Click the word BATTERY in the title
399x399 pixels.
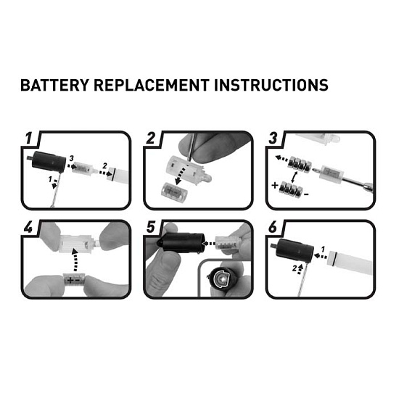pyautogui.click(x=54, y=85)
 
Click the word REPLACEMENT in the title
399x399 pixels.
pyautogui.click(x=152, y=85)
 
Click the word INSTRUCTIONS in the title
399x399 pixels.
pyautogui.click(x=271, y=85)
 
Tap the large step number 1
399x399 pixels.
pyautogui.click(x=29, y=138)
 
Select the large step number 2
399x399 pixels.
pyautogui.click(x=151, y=138)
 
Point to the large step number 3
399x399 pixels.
pyautogui.click(x=273, y=138)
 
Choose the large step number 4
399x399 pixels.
pyautogui.click(x=28, y=227)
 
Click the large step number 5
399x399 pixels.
pyautogui.click(x=151, y=227)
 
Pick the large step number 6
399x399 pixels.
pyautogui.click(x=273, y=227)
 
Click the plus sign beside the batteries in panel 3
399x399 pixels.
pyautogui.click(x=275, y=185)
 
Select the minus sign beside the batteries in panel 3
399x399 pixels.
pyautogui.click(x=307, y=194)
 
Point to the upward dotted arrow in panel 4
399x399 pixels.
pyautogui.click(x=75, y=260)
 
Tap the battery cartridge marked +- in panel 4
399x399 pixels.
pyautogui.click(x=74, y=280)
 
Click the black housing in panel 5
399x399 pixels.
pyautogui.click(x=181, y=242)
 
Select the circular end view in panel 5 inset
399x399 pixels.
pyautogui.click(x=221, y=279)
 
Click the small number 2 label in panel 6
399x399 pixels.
pyautogui.click(x=295, y=268)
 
